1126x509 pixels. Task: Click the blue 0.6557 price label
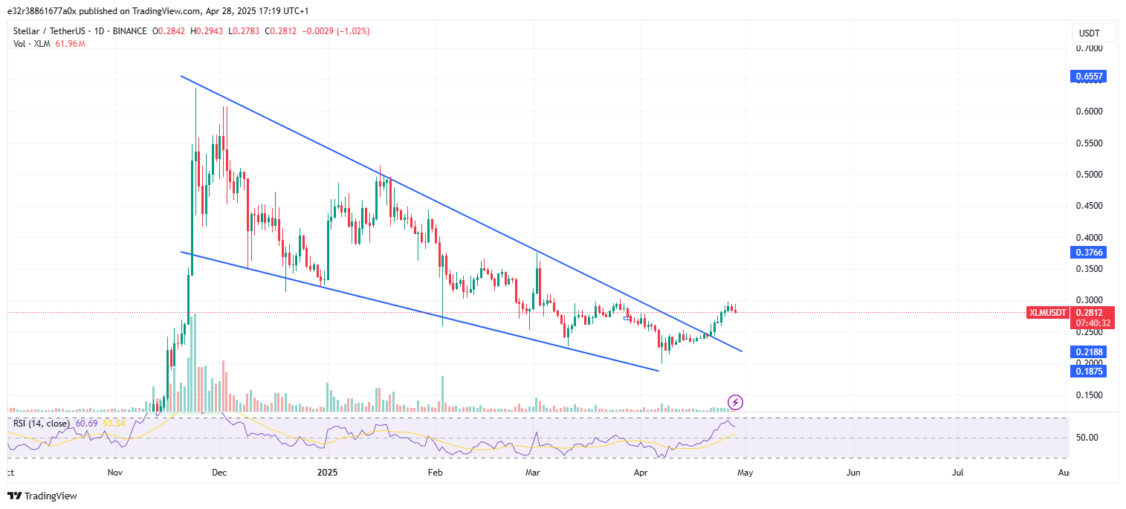click(1088, 77)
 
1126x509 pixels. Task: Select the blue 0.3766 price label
click(1088, 253)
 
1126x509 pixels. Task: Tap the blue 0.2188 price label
click(1088, 351)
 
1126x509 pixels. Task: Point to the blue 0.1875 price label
click(1088, 371)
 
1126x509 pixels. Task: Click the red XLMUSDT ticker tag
click(1047, 313)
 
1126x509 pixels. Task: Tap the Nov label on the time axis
click(114, 472)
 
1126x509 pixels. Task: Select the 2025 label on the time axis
click(328, 472)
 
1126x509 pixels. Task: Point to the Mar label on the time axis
click(532, 472)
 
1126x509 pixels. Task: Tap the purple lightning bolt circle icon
click(735, 403)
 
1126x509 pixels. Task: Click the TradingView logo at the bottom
click(42, 496)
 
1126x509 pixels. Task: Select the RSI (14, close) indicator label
click(41, 424)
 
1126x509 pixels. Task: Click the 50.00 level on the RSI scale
click(1087, 437)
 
